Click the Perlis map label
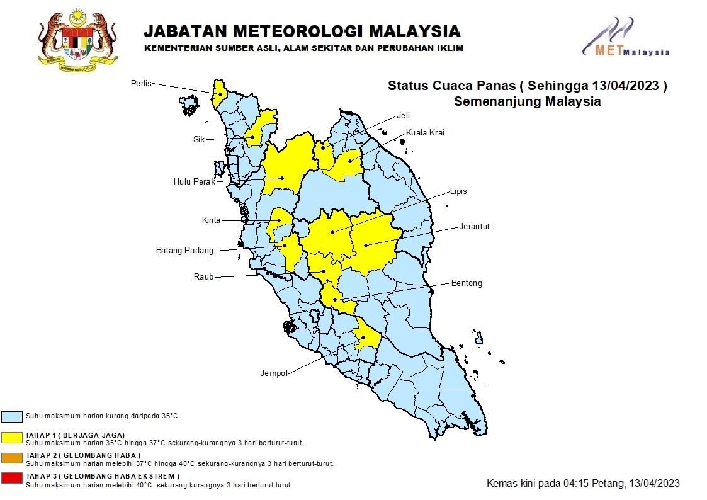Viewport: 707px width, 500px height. (141, 84)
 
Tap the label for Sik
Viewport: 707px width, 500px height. (199, 139)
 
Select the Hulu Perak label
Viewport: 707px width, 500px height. (195, 182)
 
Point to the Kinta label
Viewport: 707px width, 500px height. (212, 220)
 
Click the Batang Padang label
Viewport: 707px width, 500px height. (184, 251)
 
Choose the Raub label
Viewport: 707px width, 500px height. (203, 276)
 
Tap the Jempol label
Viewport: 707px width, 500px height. (274, 373)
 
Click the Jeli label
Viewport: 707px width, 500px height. (403, 115)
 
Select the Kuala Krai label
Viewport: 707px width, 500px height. (425, 133)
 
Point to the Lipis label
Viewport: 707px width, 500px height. (458, 191)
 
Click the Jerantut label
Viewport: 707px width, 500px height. (474, 226)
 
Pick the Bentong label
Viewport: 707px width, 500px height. (467, 283)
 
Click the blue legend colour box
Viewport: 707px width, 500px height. (12, 416)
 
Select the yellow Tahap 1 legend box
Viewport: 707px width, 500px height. (12, 438)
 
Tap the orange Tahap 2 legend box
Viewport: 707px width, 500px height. (12, 458)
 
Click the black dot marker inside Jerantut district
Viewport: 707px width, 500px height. (365, 244)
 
